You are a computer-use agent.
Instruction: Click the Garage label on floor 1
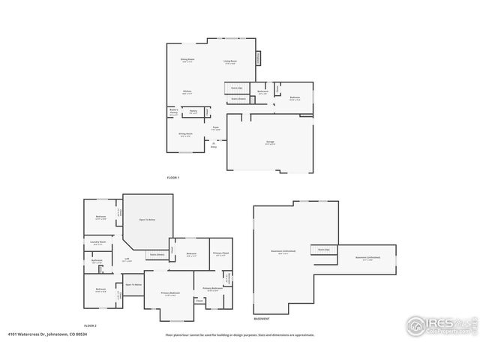click(270, 143)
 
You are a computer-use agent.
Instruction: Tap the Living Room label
click(230, 61)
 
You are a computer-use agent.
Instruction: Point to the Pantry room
click(193, 112)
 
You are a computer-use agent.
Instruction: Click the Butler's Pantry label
click(173, 112)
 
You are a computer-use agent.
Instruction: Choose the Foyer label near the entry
click(215, 128)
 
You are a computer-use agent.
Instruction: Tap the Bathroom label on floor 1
click(262, 92)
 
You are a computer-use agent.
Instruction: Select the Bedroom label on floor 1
click(295, 97)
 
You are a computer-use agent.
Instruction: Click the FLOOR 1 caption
click(173, 177)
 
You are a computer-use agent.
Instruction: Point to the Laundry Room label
click(97, 243)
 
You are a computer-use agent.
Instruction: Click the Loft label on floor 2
click(127, 260)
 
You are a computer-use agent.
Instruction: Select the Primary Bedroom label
click(170, 293)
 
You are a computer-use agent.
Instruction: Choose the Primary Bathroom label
click(210, 289)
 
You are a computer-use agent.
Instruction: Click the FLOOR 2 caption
click(91, 325)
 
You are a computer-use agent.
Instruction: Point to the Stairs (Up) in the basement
click(324, 250)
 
